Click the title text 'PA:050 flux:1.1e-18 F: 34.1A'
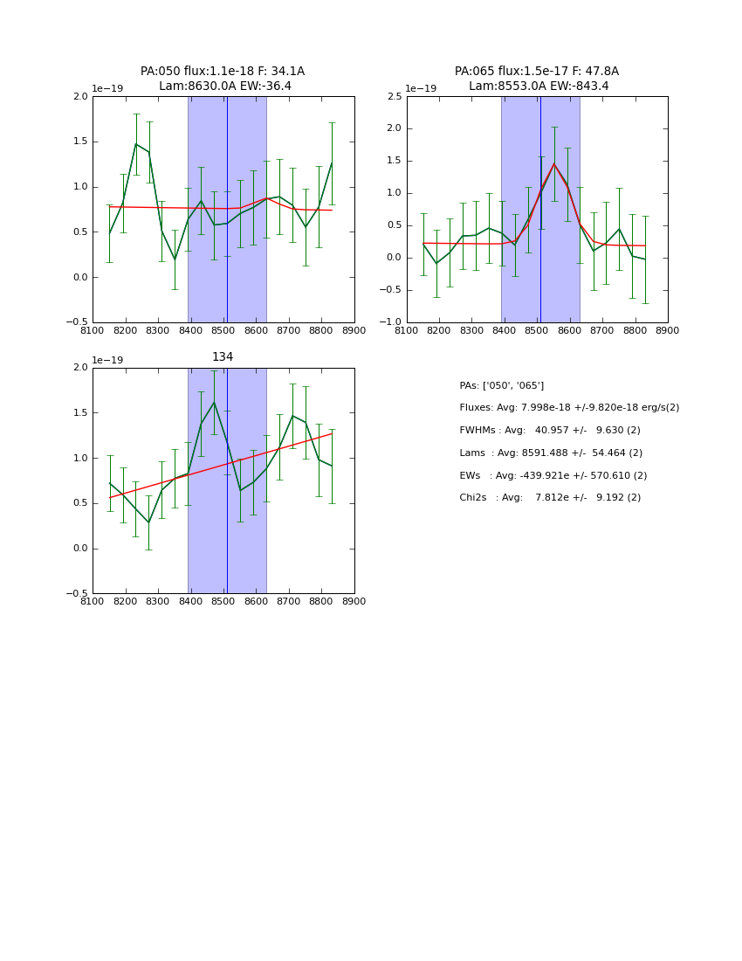click(223, 72)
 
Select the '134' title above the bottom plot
click(223, 357)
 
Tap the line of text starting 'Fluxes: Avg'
click(569, 408)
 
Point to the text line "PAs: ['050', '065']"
click(502, 386)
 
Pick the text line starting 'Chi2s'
click(550, 498)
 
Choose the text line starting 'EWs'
click(553, 476)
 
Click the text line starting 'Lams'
click(551, 453)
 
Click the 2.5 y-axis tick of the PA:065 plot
click(395, 97)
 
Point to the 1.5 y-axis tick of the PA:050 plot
click(80, 142)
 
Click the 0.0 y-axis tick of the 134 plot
click(80, 549)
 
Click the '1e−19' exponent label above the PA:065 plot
click(421, 89)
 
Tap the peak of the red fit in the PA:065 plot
click(553, 163)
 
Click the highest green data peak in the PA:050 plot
click(136, 144)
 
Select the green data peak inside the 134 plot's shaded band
click(214, 403)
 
